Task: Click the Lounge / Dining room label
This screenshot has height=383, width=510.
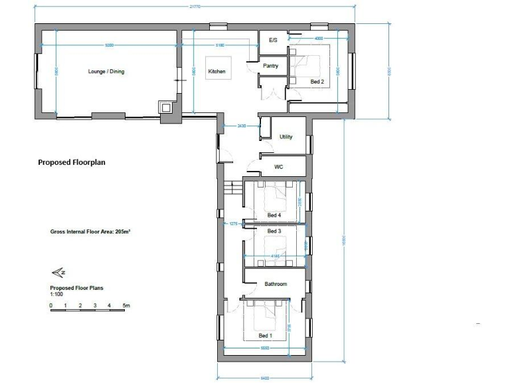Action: [106, 72]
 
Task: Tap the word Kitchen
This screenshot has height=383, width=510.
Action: [216, 72]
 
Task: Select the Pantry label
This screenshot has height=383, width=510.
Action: [270, 66]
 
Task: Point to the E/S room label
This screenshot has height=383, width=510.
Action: [272, 41]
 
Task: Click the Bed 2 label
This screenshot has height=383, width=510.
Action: [317, 82]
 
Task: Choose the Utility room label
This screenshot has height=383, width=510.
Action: [286, 137]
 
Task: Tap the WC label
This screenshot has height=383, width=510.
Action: [279, 167]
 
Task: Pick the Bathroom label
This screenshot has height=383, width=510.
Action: [276, 284]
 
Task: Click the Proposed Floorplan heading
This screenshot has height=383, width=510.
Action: [72, 162]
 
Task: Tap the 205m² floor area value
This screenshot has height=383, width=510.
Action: [122, 232]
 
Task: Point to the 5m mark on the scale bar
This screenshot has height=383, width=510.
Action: [126, 306]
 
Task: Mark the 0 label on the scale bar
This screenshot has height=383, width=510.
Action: [51, 306]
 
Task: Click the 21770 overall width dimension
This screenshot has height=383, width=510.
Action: [195, 7]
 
